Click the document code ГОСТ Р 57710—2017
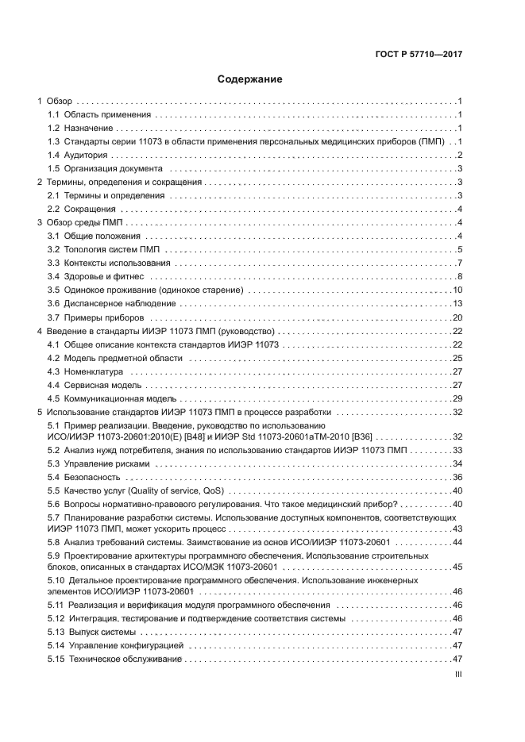click(x=419, y=56)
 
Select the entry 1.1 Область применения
click(x=98, y=115)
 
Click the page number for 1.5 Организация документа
click(x=460, y=168)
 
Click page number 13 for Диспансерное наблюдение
click(x=457, y=304)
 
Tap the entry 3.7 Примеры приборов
click(x=95, y=317)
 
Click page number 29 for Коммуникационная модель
click(x=457, y=398)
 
